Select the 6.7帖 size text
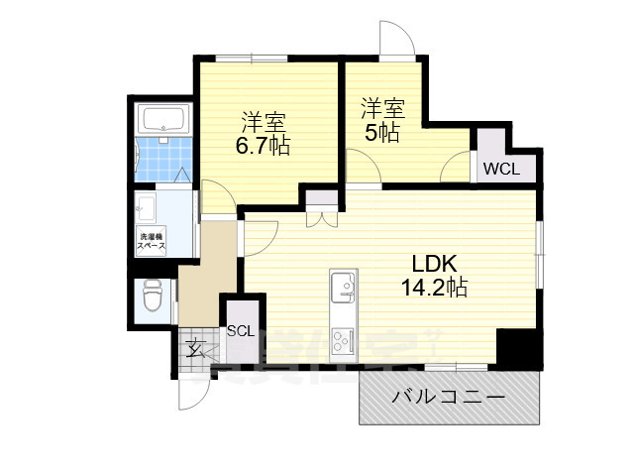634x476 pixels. [264, 147]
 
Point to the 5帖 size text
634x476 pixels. [381, 132]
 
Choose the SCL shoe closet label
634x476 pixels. [241, 331]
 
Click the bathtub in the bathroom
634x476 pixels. [163, 120]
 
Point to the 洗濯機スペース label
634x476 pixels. [153, 240]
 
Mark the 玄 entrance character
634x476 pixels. [195, 347]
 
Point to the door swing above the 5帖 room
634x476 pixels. [397, 40]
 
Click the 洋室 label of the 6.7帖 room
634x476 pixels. [264, 124]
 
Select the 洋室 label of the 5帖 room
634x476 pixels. [381, 107]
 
